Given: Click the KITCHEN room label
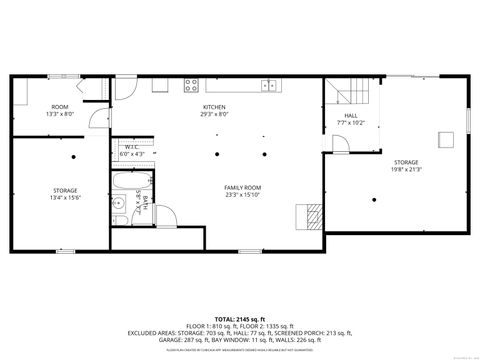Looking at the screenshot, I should click(214, 107).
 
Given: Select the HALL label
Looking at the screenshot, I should click(351, 115).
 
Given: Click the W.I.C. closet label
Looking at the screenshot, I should click(132, 147).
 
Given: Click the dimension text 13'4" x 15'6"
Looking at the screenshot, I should click(65, 197).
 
